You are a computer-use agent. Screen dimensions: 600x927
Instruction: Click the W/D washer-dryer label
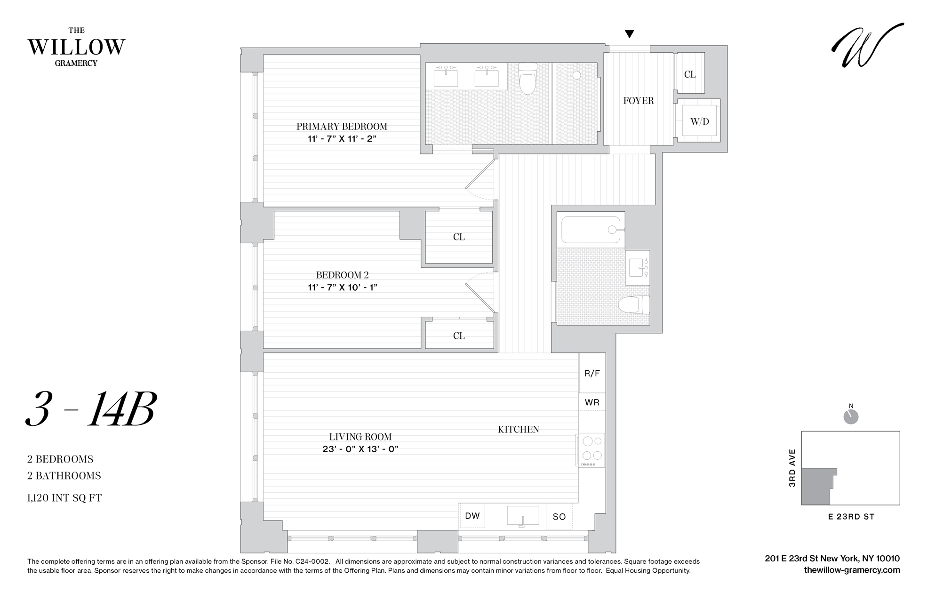point(699,121)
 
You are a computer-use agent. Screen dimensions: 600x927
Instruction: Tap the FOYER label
point(638,101)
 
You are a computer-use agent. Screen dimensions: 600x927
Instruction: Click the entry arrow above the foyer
point(629,34)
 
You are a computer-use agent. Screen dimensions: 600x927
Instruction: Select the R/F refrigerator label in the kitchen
point(592,373)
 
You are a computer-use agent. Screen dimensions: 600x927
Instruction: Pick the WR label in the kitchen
point(592,402)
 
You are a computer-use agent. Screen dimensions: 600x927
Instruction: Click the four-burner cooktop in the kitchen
point(591,449)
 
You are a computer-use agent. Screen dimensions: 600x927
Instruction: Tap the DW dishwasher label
point(472,516)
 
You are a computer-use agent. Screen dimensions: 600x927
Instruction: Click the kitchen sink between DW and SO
point(523,516)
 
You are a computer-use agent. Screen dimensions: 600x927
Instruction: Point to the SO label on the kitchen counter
point(559,517)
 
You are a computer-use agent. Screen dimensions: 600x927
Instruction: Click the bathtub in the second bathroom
point(591,230)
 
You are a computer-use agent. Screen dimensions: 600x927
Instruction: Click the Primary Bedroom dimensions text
point(342,138)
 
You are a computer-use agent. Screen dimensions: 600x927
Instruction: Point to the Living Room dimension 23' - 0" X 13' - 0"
point(360,449)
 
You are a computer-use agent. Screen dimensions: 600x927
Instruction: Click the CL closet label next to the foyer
point(690,74)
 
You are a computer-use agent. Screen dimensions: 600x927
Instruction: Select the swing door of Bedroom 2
point(480,297)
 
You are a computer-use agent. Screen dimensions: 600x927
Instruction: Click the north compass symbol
point(851,416)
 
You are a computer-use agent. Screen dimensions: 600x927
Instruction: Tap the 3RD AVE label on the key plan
point(792,468)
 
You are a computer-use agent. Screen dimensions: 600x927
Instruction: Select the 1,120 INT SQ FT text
point(64,498)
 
